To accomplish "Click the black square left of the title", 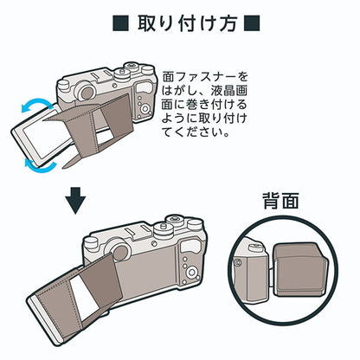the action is click(121, 23).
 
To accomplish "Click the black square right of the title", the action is click(252, 23).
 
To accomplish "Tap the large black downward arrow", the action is click(75, 201).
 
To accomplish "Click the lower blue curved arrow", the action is click(41, 165).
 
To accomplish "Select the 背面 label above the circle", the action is click(280, 200).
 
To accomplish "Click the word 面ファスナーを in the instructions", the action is click(205, 77).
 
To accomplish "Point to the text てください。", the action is click(196, 132).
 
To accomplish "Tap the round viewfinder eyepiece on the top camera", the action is click(85, 91).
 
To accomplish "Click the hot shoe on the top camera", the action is click(100, 75).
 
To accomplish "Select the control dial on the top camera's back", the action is click(146, 108).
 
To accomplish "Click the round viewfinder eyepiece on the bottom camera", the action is click(119, 251).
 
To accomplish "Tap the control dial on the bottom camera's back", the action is click(191, 272).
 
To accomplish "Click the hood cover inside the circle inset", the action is click(301, 270).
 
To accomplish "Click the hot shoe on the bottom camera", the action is click(136, 232).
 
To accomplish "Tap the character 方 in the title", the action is click(228, 23).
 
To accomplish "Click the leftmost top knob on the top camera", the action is click(63, 85).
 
